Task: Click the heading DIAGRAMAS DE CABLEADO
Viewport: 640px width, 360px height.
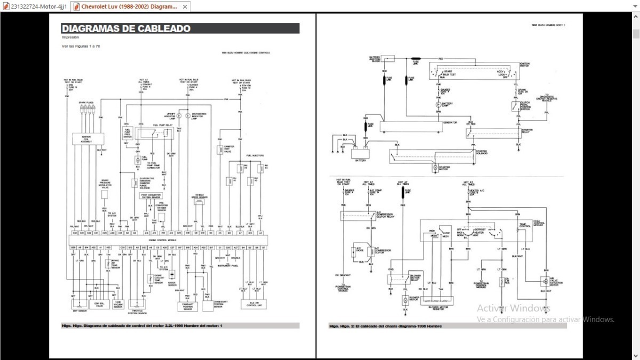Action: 126,29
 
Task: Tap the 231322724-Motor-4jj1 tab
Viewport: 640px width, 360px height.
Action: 35,7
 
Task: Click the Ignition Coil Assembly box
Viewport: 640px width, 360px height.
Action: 86,139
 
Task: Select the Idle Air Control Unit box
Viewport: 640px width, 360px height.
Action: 253,305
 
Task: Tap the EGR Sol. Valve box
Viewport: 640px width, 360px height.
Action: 99,305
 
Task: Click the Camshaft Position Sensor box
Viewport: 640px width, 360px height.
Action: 187,306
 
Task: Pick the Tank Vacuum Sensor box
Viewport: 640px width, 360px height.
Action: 118,305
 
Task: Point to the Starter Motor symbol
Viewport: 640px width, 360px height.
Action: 435,168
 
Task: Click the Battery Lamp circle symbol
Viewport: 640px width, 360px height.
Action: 438,105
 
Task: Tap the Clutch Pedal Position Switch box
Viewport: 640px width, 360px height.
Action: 516,107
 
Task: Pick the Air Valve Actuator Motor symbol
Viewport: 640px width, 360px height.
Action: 546,280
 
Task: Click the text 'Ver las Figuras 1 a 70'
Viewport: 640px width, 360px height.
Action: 81,46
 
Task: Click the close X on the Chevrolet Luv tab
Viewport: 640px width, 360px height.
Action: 185,7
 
